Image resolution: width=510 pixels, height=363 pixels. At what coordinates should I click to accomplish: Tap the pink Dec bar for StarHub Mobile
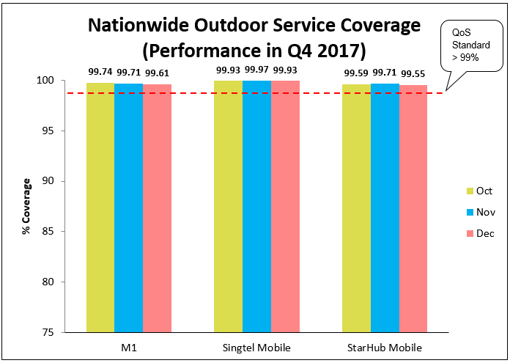tap(413, 208)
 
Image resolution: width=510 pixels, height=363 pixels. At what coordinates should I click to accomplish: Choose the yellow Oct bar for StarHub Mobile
tap(356, 208)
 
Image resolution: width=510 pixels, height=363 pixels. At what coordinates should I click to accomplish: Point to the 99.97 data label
tap(256, 70)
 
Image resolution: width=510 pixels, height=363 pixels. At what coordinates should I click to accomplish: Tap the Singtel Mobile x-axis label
tap(256, 346)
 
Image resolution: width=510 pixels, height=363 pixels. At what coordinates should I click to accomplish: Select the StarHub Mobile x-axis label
tap(385, 346)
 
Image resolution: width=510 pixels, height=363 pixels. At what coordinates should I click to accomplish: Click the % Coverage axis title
tap(26, 206)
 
